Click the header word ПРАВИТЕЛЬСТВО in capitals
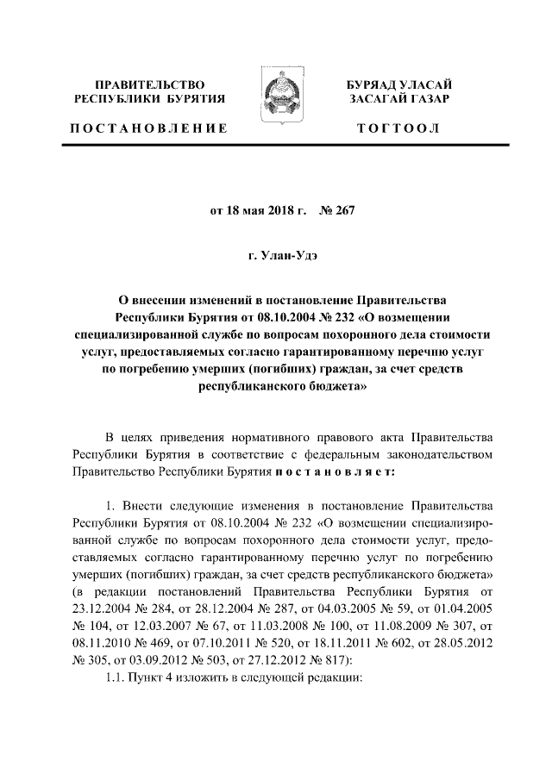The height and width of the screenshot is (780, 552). click(150, 84)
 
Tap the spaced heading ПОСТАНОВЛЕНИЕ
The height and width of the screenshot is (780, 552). click(147, 128)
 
